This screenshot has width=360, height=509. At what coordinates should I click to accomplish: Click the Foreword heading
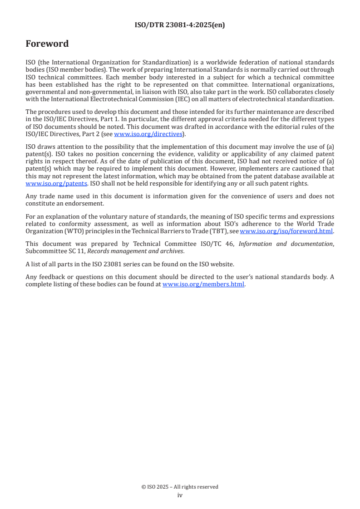[x=47, y=44]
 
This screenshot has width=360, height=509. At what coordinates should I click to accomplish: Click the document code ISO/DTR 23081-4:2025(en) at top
[x=180, y=25]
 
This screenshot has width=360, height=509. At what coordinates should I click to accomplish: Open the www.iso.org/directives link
[x=148, y=134]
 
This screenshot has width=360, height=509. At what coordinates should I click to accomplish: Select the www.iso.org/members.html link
[x=203, y=284]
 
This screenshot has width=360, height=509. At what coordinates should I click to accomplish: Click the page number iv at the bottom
[x=180, y=495]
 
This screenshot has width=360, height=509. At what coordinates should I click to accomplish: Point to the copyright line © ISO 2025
[x=180, y=487]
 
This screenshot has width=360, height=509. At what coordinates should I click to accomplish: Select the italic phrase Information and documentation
[x=286, y=244]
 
